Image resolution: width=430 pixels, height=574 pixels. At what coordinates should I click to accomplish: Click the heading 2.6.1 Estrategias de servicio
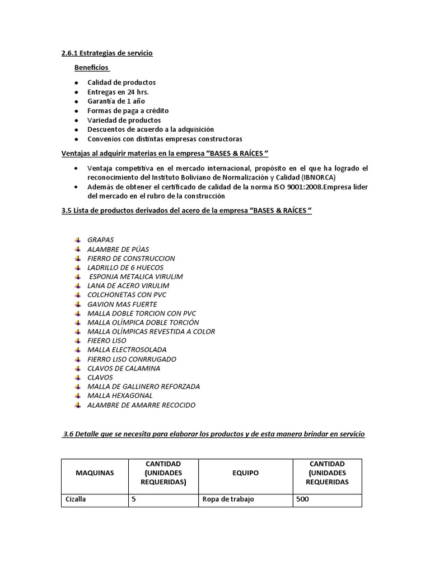[x=107, y=53]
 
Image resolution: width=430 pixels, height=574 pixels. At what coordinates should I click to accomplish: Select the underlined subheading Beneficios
[x=92, y=68]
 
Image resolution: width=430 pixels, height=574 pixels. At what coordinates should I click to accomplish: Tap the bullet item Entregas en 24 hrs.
[x=118, y=92]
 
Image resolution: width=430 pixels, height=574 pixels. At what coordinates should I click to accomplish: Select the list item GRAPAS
[x=101, y=240]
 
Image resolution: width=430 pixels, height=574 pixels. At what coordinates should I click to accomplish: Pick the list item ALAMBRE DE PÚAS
[x=118, y=249]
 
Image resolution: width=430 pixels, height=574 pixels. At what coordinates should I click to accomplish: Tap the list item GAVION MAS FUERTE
[x=122, y=304]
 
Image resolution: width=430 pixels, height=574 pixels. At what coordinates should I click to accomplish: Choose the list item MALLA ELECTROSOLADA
[x=127, y=350]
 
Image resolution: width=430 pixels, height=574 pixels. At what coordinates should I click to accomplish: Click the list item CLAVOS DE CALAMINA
[x=124, y=368]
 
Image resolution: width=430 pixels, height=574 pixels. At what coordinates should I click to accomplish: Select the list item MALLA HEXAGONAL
[x=120, y=396]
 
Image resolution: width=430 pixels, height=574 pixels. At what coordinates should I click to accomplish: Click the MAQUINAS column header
[x=95, y=473]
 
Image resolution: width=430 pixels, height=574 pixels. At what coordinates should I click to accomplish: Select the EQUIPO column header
[x=245, y=473]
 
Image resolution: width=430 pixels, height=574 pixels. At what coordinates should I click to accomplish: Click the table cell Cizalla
[x=76, y=499]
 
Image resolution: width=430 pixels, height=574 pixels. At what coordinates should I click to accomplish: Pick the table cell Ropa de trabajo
[x=228, y=499]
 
